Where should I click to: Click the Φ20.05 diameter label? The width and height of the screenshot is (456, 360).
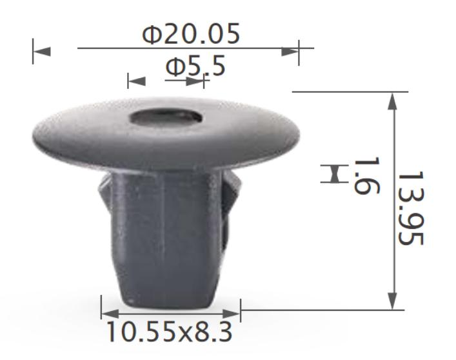point(191,34)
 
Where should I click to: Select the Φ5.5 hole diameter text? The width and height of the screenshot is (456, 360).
point(195,65)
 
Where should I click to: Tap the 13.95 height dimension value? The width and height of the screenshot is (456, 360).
point(410,208)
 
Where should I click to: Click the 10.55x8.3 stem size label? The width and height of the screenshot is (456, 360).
point(169,332)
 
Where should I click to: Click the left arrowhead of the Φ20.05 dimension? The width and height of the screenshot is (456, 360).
point(42,51)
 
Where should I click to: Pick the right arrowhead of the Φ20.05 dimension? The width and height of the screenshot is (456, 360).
point(291,51)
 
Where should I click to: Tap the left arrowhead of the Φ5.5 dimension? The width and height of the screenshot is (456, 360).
point(137,81)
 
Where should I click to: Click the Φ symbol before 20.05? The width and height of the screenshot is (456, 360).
point(152,34)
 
